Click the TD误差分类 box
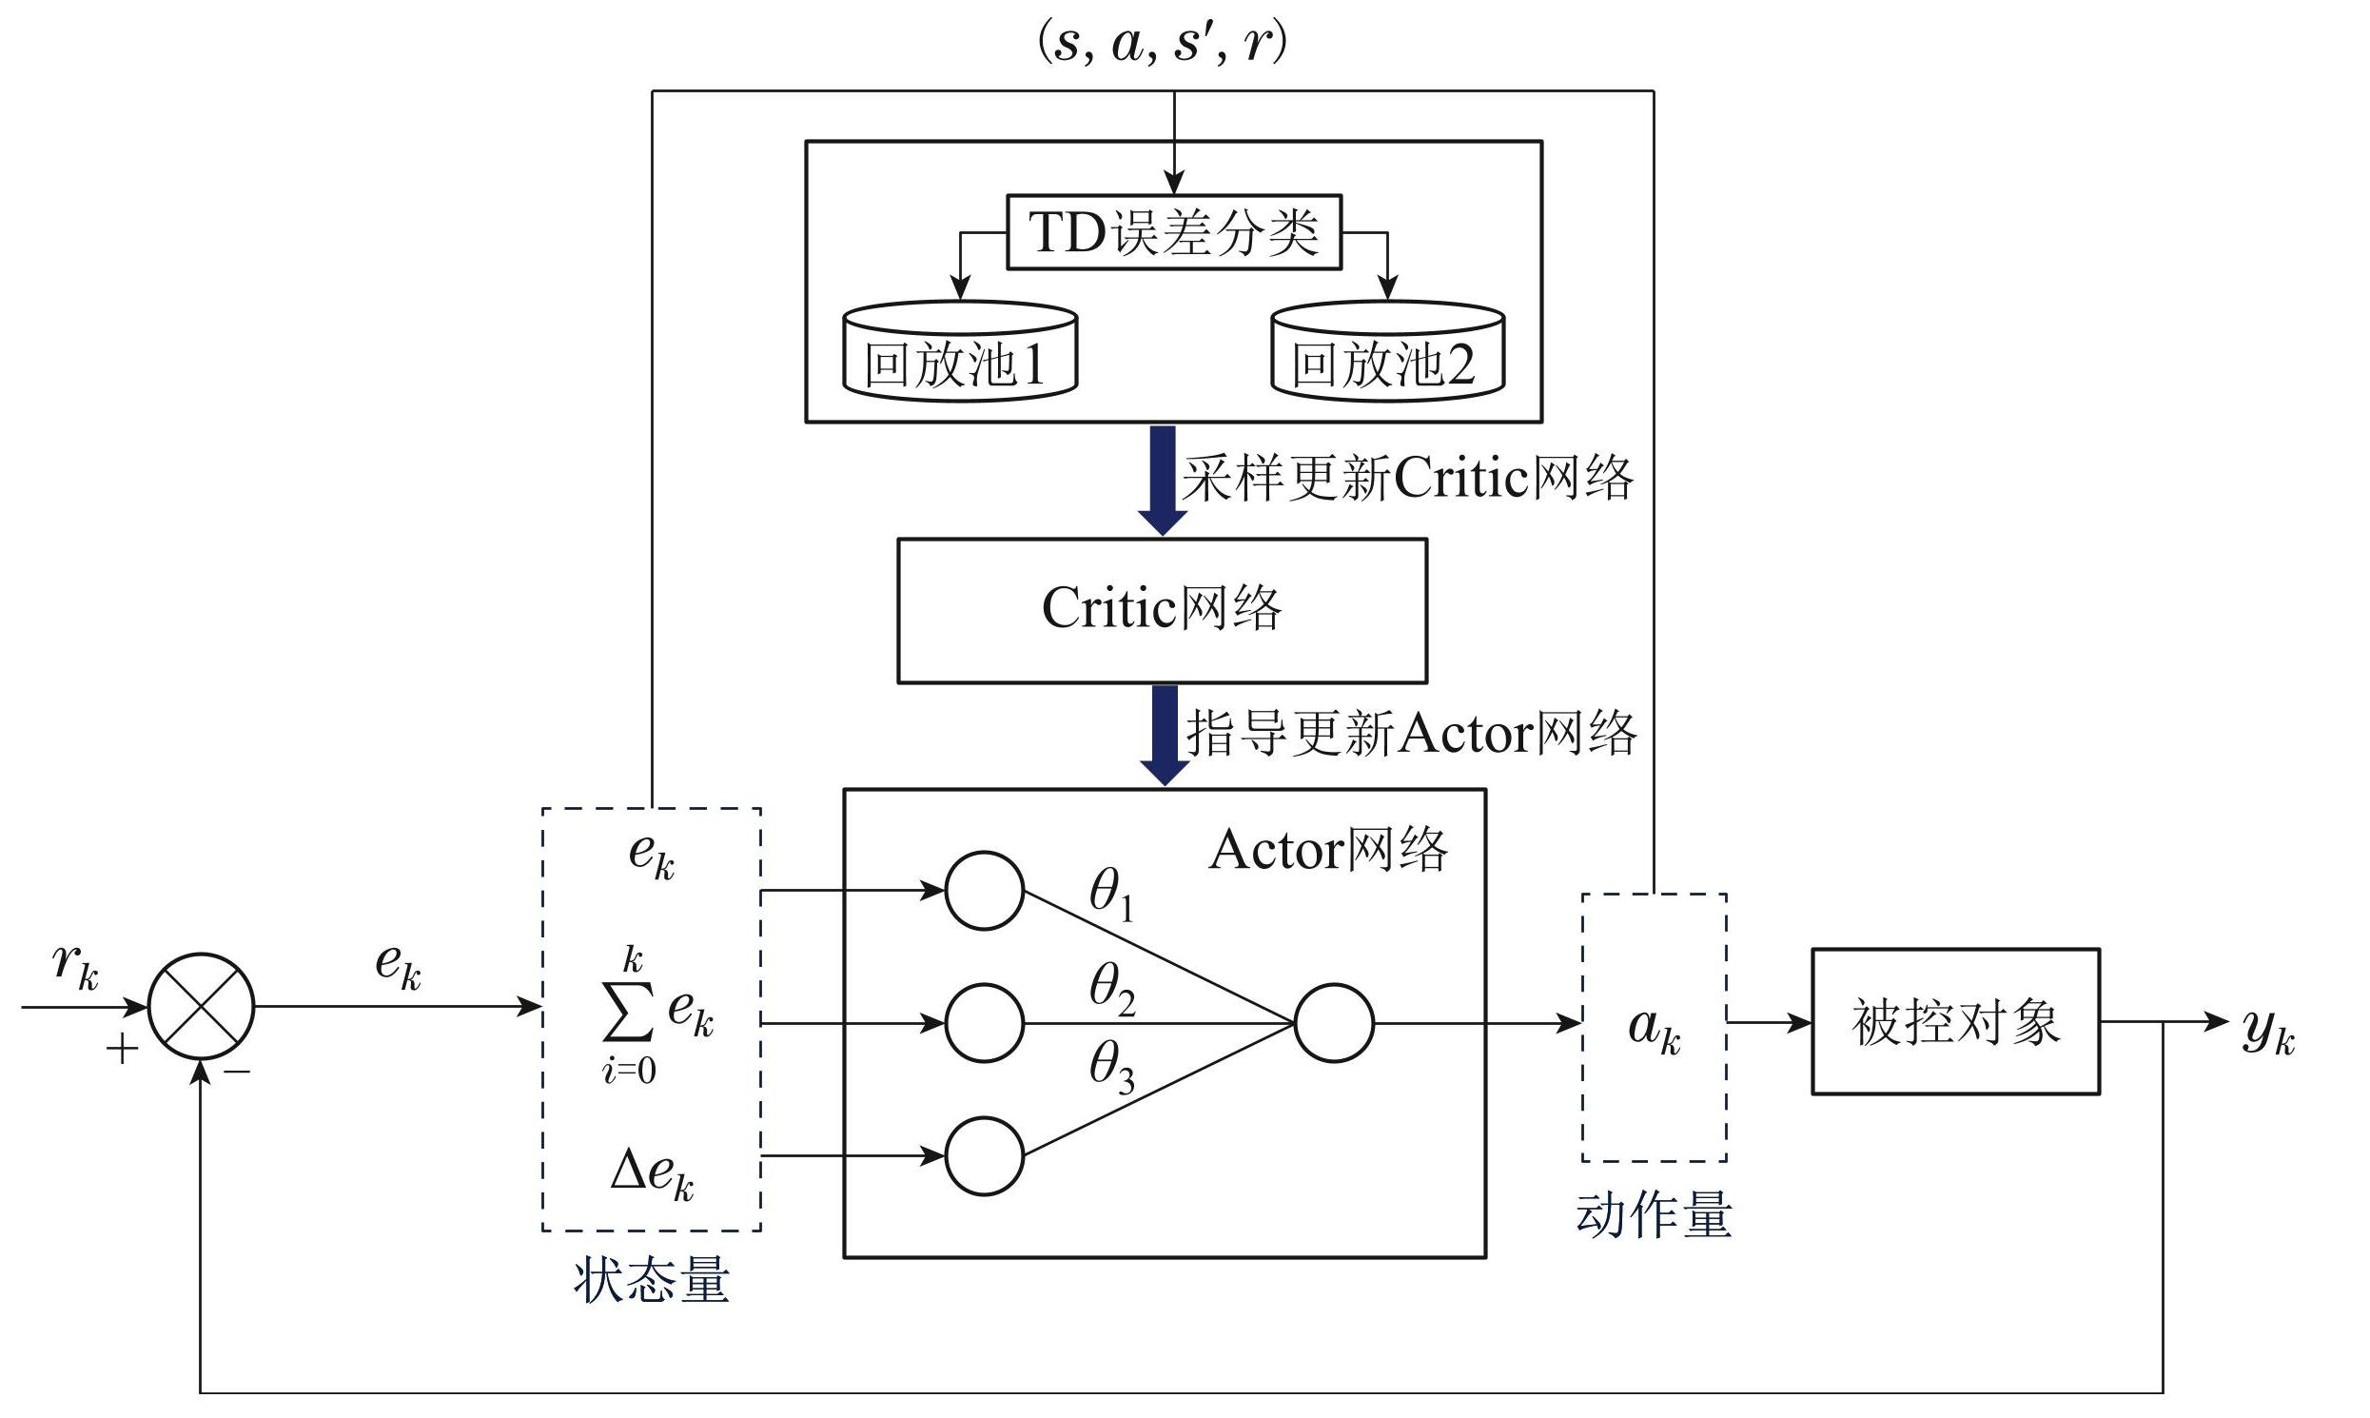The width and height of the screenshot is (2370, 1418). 1174,232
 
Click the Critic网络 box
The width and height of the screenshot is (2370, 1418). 1162,611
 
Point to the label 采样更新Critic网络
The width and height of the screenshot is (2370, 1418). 1408,478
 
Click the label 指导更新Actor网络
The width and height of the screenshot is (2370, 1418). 1411,734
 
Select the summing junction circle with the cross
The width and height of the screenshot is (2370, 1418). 202,1006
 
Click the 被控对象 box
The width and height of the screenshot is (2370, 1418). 1955,1021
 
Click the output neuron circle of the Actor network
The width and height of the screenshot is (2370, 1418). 1334,1023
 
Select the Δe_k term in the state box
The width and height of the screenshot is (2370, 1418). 652,1173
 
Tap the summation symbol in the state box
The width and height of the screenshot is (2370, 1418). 629,1013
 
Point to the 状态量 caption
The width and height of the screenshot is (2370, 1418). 652,1280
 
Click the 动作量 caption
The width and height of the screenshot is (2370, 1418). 1654,1216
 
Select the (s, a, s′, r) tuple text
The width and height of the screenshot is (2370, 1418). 1162,44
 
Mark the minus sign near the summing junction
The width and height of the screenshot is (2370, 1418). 237,1073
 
